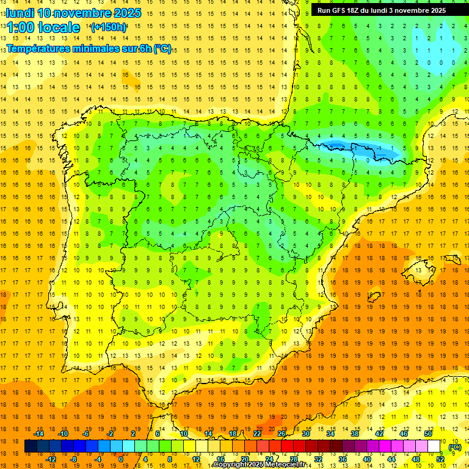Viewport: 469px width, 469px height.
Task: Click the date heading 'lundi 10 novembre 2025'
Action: click(74, 13)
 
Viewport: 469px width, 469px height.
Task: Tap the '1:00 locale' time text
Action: click(43, 27)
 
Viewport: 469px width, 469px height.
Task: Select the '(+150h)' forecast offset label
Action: click(109, 27)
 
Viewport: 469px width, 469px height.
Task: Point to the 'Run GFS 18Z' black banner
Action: click(382, 10)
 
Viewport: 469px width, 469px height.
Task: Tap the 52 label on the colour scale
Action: click(440, 459)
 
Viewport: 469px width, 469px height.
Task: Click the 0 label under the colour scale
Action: click(121, 459)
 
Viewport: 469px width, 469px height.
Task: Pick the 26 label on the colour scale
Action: click(282, 434)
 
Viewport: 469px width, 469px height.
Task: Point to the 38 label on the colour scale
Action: click(355, 434)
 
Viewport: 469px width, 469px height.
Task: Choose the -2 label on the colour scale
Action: click(111, 434)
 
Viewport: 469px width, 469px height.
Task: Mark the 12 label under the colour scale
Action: click(196, 459)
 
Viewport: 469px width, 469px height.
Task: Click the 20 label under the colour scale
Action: click(245, 459)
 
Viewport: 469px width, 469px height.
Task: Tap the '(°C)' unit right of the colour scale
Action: click(455, 447)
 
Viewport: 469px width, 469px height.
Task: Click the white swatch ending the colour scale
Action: click(434, 446)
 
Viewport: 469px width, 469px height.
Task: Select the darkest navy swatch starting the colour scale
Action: click(31, 446)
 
